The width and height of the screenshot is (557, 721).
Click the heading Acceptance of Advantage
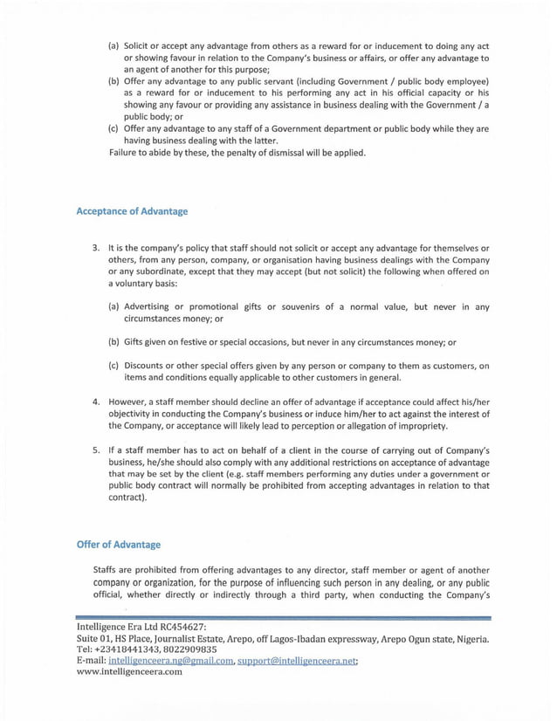132,211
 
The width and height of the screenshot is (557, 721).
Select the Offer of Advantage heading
119,545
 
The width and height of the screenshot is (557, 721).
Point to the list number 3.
97,248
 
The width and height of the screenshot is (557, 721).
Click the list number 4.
97,402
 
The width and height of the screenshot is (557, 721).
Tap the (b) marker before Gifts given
113,341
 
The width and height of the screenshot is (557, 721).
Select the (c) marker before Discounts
113,366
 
